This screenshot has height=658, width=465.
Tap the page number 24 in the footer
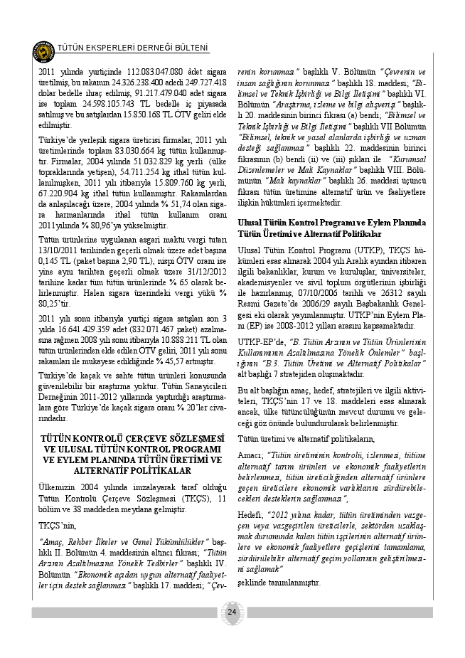click(x=232, y=612)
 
